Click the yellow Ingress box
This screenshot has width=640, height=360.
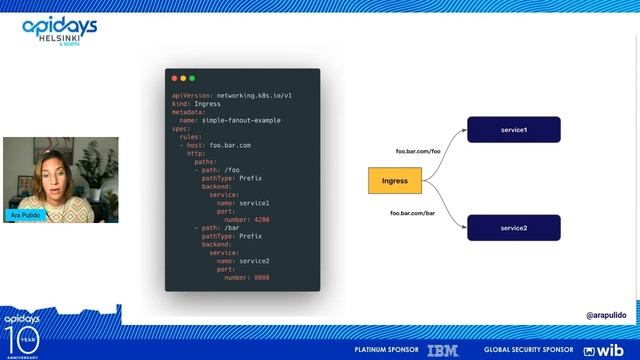point(395,182)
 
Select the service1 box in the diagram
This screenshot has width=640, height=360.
point(514,130)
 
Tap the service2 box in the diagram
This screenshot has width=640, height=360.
point(514,228)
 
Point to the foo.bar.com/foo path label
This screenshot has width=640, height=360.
point(418,151)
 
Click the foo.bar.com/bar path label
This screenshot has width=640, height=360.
point(413,213)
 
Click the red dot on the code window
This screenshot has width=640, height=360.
point(175,78)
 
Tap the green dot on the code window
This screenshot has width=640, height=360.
point(192,78)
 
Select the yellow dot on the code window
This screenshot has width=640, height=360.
point(183,78)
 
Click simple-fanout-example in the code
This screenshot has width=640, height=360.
point(240,120)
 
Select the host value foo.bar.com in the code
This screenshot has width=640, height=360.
point(230,145)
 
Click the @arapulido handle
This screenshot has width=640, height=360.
point(606,315)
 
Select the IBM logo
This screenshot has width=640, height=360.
point(442,350)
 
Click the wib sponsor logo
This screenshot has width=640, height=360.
point(604,350)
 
